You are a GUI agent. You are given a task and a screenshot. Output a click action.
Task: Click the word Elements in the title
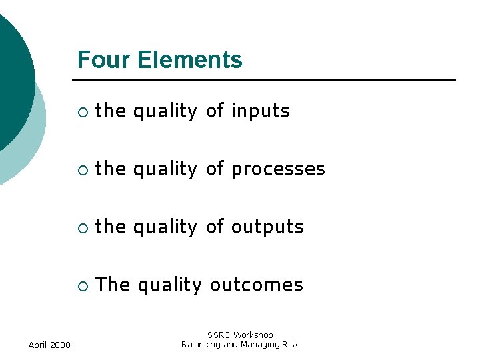[x=190, y=60]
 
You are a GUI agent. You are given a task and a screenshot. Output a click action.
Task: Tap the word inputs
[x=261, y=111]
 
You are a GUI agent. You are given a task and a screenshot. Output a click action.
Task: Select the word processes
[x=278, y=169]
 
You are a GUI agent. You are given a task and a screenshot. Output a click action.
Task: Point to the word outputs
[x=267, y=227]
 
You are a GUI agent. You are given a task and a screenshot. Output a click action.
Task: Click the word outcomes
[x=257, y=285]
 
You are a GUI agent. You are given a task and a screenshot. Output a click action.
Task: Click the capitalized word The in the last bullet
[x=113, y=285]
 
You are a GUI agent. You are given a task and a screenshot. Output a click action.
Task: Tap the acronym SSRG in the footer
[x=219, y=335]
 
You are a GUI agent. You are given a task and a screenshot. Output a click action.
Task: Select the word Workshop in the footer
[x=253, y=335]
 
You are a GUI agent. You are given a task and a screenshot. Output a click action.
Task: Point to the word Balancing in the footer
[x=201, y=345]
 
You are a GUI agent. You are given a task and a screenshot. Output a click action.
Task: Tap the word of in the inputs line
[x=215, y=111]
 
